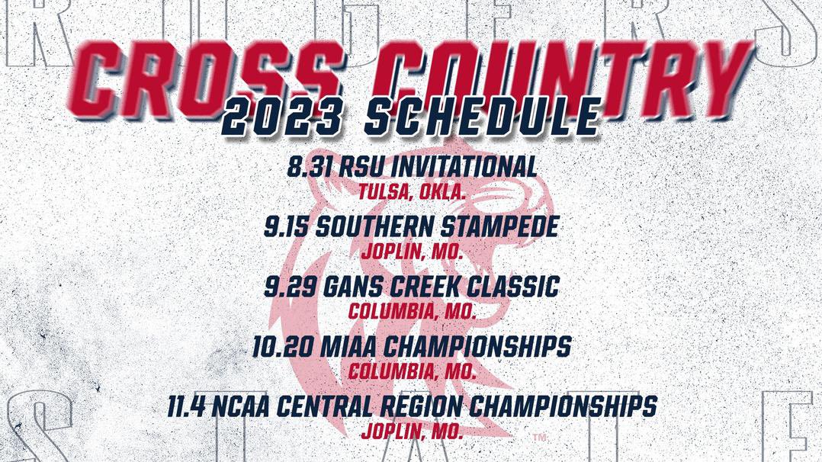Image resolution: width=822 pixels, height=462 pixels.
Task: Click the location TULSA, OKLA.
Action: pyautogui.click(x=412, y=191)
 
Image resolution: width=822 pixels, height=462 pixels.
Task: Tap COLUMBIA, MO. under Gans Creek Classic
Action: pyautogui.click(x=412, y=312)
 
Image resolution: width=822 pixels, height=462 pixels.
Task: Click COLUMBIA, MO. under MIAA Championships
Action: pyautogui.click(x=412, y=372)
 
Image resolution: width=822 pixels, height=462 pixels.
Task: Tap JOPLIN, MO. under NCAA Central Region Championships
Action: pyautogui.click(x=412, y=432)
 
